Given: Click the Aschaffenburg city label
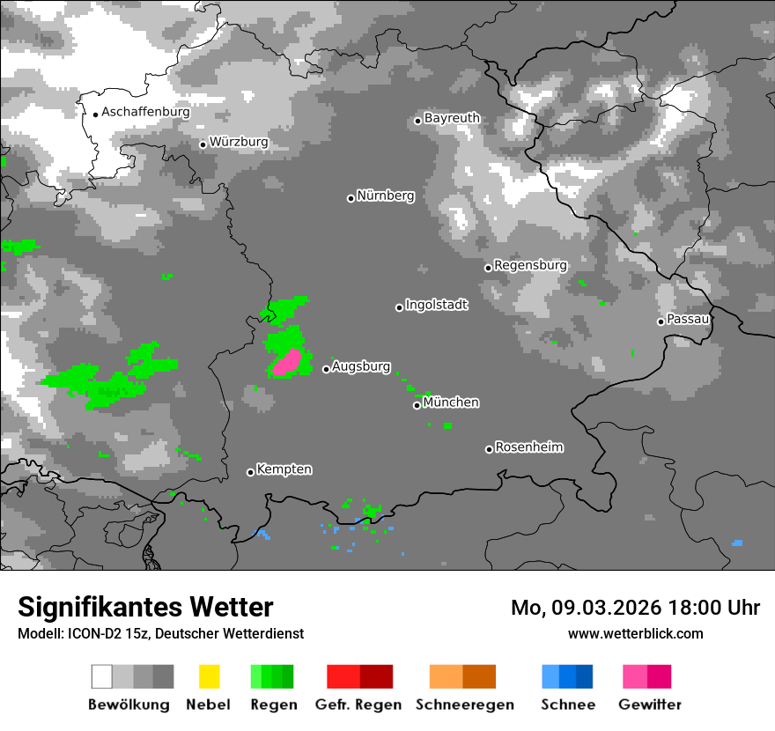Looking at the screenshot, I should click(145, 112).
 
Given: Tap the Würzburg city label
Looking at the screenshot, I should click(239, 142).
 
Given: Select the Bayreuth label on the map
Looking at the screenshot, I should click(452, 118).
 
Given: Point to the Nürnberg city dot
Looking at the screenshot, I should click(351, 198).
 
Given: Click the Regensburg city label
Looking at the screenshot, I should click(530, 265).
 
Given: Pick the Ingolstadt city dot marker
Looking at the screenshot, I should click(399, 307).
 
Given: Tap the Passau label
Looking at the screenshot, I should click(688, 319).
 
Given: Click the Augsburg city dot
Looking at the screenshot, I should click(326, 369).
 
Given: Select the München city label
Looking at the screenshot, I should click(451, 402).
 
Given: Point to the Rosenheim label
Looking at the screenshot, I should click(528, 447).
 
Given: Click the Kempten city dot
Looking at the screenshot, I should click(250, 472).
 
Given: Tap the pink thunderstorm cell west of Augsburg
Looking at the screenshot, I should click(288, 362).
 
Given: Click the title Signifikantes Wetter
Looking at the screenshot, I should click(145, 608).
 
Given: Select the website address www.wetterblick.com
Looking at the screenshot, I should click(635, 634).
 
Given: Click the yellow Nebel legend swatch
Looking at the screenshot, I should click(210, 676).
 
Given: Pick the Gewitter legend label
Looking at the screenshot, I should click(650, 705).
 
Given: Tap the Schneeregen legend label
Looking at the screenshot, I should click(464, 705).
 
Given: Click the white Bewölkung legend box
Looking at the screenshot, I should click(102, 676).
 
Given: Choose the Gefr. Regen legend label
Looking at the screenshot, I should click(358, 705).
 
